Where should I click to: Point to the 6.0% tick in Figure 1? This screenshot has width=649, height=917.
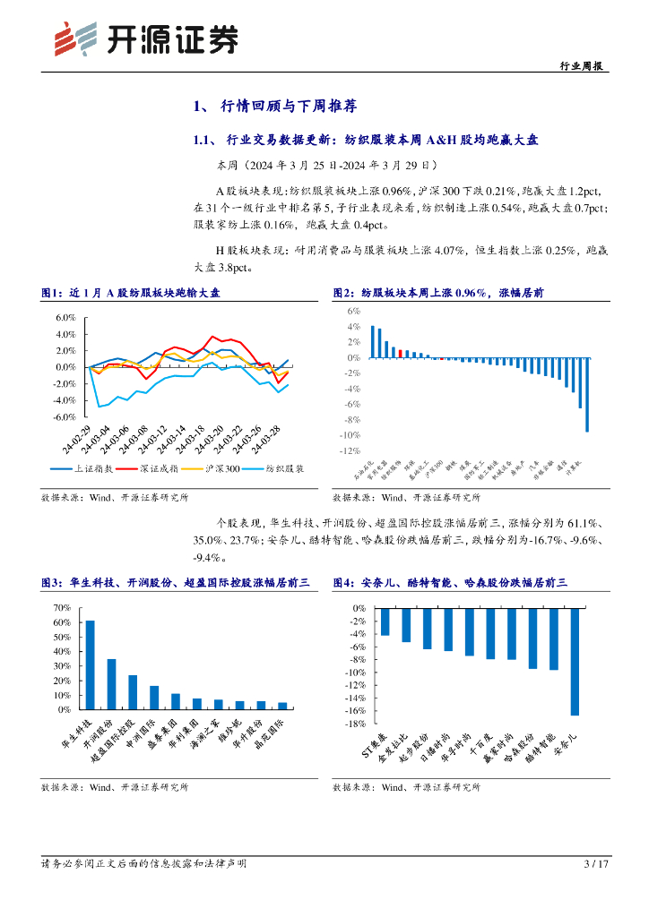[x=66, y=318]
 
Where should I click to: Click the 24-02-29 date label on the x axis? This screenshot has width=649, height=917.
[x=76, y=438]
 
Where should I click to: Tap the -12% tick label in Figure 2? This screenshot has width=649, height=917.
[x=349, y=451]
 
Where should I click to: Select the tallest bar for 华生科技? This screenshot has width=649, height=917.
[x=90, y=664]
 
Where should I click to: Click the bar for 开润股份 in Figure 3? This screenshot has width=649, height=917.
[x=111, y=684]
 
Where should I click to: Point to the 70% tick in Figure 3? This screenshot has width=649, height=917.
[x=62, y=608]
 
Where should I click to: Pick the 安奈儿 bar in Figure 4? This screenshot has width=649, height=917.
[x=575, y=661]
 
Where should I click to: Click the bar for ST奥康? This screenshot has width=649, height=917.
[x=385, y=621]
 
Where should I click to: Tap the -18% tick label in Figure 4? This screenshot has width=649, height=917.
[x=354, y=724]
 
